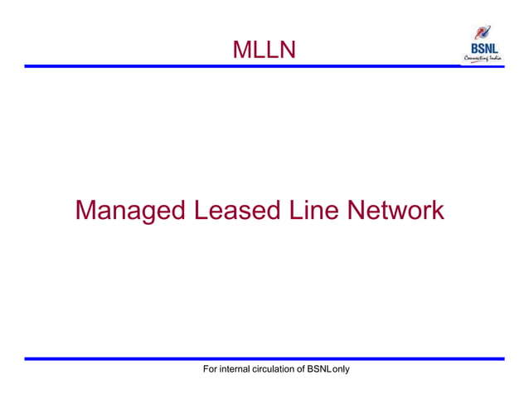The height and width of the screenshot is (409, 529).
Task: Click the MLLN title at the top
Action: [264, 51]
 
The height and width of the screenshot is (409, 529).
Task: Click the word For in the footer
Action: [211, 368]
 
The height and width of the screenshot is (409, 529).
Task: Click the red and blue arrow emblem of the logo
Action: [482, 34]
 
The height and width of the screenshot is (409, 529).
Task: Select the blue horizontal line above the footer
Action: [264, 358]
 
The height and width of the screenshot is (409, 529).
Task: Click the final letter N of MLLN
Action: [286, 51]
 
